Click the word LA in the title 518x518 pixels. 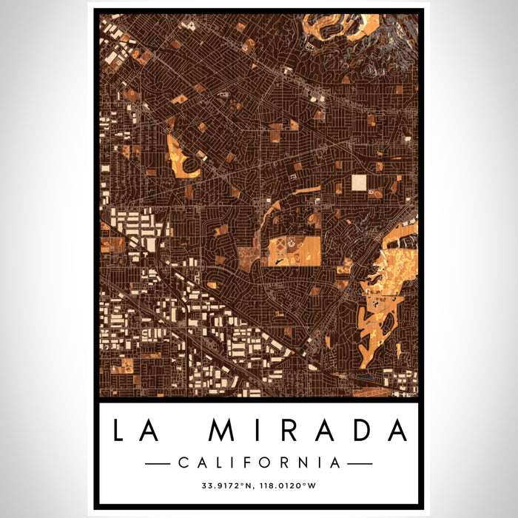point(139,431)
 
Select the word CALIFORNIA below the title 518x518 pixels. point(259,463)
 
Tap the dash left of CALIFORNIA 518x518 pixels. point(158,463)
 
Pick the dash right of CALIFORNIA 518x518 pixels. point(360,463)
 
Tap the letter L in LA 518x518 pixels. point(122,431)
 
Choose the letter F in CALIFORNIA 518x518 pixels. point(252,463)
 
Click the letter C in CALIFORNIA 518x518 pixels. point(183,463)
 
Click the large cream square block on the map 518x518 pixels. point(359,183)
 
